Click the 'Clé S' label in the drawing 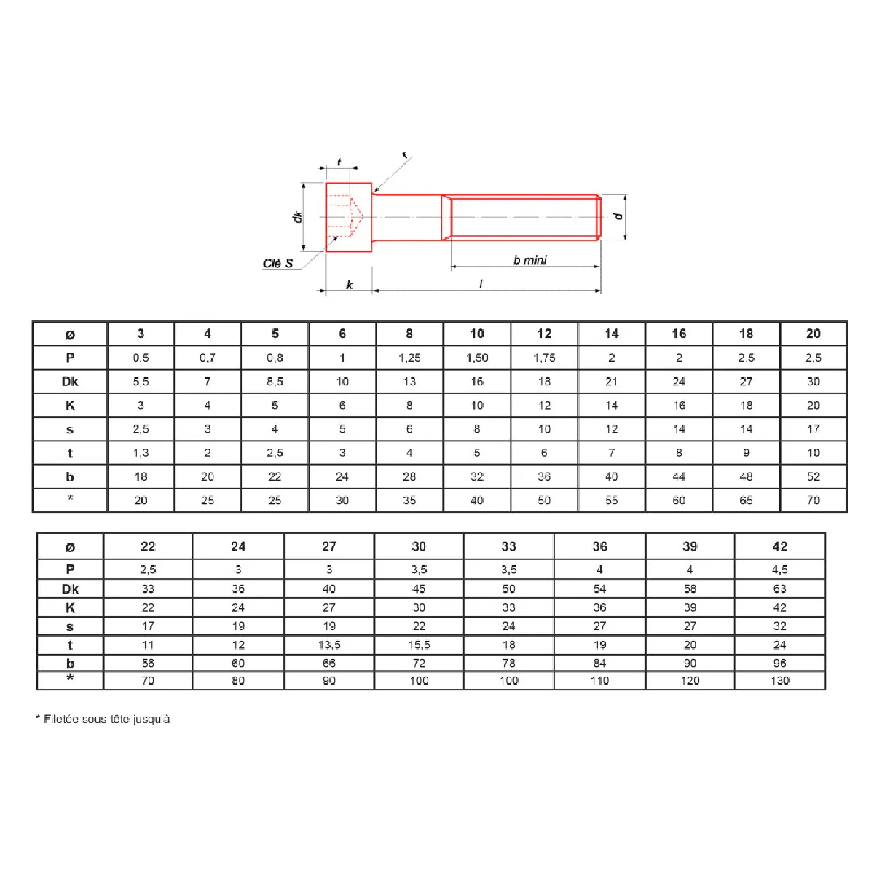[x=277, y=264]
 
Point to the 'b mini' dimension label [x=529, y=260]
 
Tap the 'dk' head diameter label [x=298, y=217]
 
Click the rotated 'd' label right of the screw [x=618, y=216]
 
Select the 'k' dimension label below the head [x=349, y=284]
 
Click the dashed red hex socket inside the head [x=345, y=216]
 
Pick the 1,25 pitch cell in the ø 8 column [x=409, y=358]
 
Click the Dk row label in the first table [x=70, y=382]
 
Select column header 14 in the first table [x=611, y=334]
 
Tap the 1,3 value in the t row [x=141, y=452]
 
